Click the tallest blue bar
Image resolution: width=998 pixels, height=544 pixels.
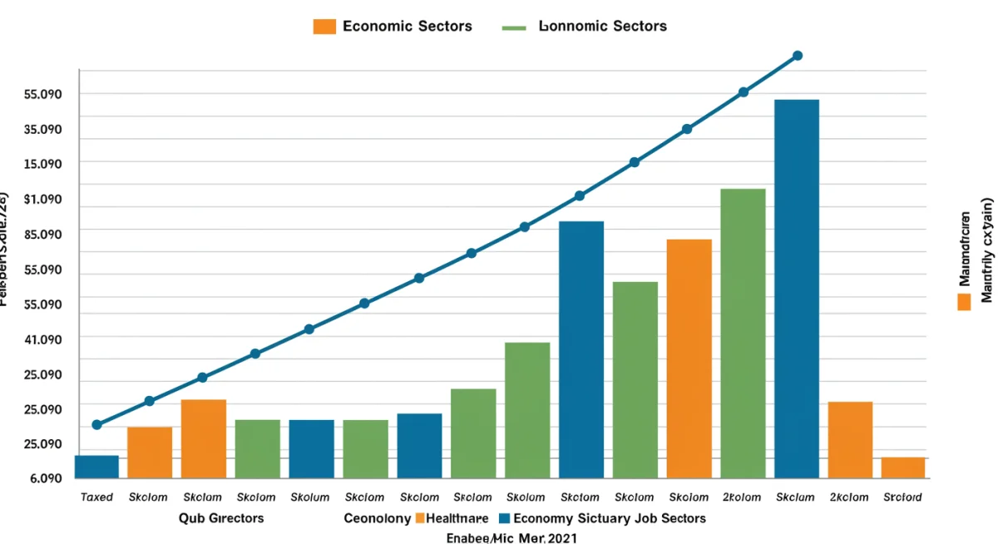point(796,289)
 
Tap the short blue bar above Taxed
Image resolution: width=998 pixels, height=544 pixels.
point(96,467)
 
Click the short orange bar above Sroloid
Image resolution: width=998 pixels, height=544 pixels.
point(903,467)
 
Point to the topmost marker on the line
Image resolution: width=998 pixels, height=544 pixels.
point(798,56)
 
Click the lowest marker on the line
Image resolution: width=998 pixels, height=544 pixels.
point(96,425)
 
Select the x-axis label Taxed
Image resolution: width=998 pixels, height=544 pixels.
point(96,497)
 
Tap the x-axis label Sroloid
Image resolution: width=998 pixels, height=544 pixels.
point(902,497)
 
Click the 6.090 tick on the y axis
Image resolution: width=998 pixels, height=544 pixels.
point(44,479)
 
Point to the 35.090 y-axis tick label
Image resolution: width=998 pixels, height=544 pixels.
point(44,130)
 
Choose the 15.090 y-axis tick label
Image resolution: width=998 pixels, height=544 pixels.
point(44,164)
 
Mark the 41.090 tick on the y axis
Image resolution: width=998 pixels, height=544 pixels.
point(44,339)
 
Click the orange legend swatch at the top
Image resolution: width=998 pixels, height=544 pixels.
point(324,27)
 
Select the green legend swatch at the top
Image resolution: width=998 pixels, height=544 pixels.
point(514,27)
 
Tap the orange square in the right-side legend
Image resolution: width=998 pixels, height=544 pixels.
point(964,301)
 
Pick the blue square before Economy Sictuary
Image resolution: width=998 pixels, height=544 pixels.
point(503,518)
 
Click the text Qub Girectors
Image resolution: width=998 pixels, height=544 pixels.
point(221,518)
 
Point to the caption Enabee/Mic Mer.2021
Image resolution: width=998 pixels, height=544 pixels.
point(511,537)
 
